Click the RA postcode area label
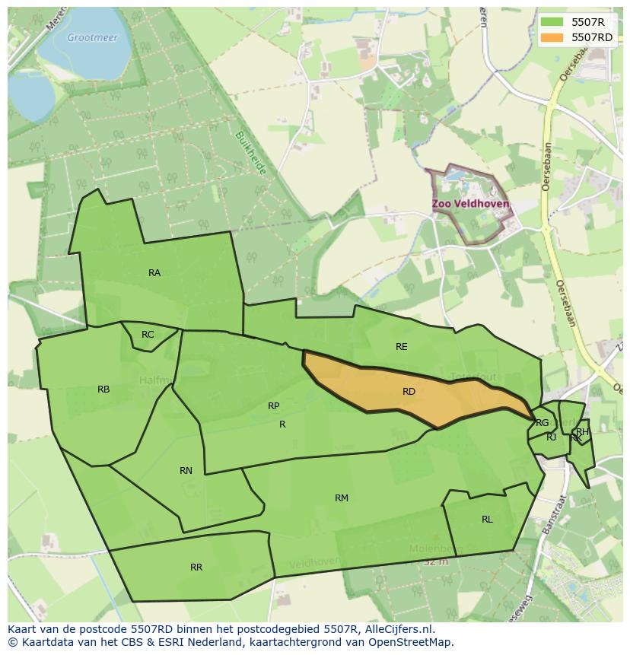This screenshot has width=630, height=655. pyautogui.click(x=154, y=273)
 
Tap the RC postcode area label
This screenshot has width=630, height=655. pyautogui.click(x=148, y=335)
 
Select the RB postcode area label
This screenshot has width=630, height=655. pyautogui.click(x=103, y=390)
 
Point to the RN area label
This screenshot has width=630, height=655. pyautogui.click(x=186, y=471)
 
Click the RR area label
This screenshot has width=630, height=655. pyautogui.click(x=196, y=568)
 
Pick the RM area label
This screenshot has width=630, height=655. pyautogui.click(x=342, y=498)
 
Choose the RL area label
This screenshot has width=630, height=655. pyautogui.click(x=487, y=520)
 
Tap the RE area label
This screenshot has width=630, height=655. pyautogui.click(x=402, y=347)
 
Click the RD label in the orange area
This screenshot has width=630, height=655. pyautogui.click(x=409, y=392)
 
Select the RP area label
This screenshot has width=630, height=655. pyautogui.click(x=274, y=406)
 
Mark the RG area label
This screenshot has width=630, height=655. pyautogui.click(x=542, y=423)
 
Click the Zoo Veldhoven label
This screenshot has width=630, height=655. pyautogui.click(x=470, y=205)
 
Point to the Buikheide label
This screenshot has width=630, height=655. pyautogui.click(x=250, y=153)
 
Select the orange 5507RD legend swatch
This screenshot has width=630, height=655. pyautogui.click(x=553, y=37)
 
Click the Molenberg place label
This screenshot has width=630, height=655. pyautogui.click(x=436, y=548)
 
